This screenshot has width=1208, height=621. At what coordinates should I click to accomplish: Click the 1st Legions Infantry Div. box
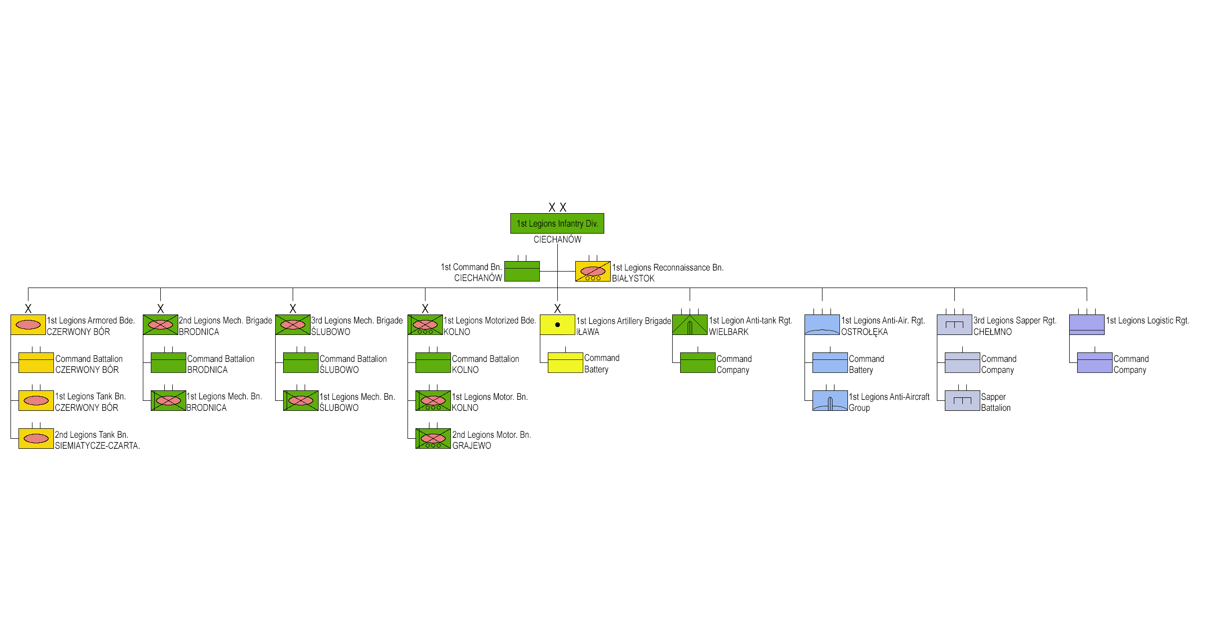pos(557,223)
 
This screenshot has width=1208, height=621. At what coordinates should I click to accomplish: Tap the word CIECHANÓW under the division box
pos(557,240)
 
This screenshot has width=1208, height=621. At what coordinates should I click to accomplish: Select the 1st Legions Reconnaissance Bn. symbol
pos(592,271)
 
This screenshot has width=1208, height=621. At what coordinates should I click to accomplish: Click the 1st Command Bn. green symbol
pos(522,271)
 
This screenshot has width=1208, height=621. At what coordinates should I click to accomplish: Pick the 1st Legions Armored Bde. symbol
pos(28,324)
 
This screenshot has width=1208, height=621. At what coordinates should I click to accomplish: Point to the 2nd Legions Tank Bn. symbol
pos(36,438)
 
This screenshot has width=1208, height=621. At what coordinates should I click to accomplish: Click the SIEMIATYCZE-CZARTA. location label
pos(97,446)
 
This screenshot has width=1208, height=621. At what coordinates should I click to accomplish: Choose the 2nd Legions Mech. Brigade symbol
pos(160,324)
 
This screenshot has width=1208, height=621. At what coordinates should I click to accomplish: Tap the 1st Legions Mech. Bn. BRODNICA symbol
pos(168,400)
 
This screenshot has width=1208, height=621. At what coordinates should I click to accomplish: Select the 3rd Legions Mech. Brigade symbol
pos(293,324)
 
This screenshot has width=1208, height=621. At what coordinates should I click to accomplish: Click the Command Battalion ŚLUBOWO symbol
pos(301,362)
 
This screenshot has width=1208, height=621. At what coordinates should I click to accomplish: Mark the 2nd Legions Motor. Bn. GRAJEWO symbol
pos(433,438)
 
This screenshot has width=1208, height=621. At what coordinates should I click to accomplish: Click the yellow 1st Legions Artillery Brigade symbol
pos(557,324)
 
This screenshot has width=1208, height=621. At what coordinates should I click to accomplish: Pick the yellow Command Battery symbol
pos(565,362)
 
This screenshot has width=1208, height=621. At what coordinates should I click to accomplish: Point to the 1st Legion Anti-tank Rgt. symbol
pos(690,324)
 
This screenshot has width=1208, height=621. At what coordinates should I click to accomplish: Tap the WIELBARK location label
pos(728,332)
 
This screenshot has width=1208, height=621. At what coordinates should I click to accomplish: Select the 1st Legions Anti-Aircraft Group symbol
pos(830,400)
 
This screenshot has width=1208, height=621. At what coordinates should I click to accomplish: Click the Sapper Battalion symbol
pos(962,400)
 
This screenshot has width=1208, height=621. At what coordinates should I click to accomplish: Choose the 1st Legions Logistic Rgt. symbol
pos(1087,324)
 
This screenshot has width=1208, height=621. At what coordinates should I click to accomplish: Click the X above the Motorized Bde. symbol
pos(425,309)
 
